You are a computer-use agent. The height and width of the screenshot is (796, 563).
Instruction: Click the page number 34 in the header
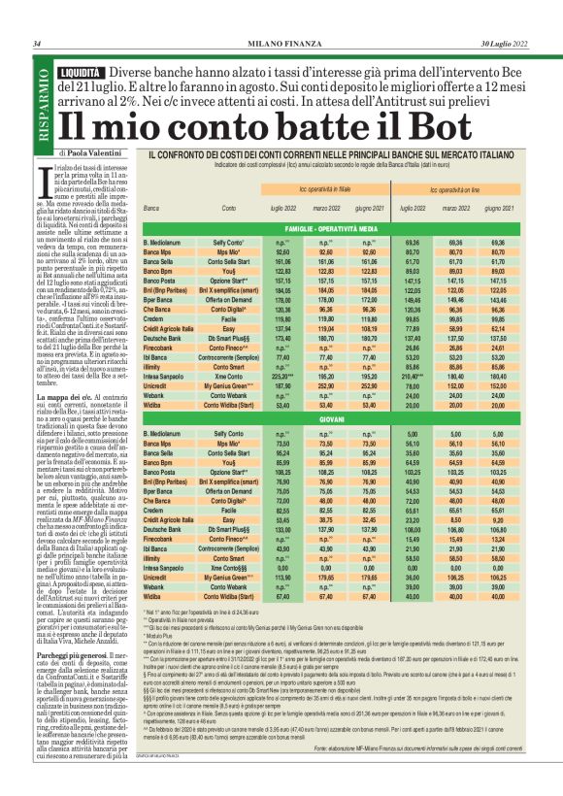tap(36, 44)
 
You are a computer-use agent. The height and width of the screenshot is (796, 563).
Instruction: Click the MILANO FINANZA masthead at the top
tap(281, 44)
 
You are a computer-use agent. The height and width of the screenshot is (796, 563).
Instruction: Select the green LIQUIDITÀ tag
tap(81, 74)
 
